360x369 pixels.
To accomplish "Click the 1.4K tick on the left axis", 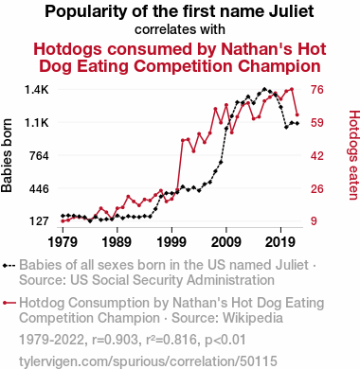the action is pyautogui.click(x=37, y=90).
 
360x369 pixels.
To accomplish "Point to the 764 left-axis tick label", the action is pyautogui.click(x=39, y=156).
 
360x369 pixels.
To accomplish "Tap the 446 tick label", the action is pyautogui.click(x=39, y=189).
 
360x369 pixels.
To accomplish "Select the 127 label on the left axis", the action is pyautogui.click(x=39, y=221).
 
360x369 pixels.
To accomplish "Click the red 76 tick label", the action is pyautogui.click(x=316, y=90).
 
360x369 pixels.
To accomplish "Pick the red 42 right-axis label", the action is pyautogui.click(x=316, y=156).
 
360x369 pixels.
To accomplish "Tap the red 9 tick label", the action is pyautogui.click(x=314, y=221).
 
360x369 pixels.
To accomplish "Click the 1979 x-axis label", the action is pyautogui.click(x=63, y=242).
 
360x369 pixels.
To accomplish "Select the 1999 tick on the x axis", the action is pyautogui.click(x=171, y=242).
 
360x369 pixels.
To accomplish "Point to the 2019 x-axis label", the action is pyautogui.click(x=280, y=242).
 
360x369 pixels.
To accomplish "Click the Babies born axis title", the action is pyautogui.click(x=7, y=156).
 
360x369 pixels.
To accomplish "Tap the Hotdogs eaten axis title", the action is pyautogui.click(x=353, y=155).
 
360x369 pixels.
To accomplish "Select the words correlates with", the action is pyautogui.click(x=180, y=29).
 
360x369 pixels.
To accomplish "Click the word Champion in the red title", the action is pyautogui.click(x=279, y=66).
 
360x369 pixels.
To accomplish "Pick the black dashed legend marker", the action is pyautogui.click(x=9, y=266).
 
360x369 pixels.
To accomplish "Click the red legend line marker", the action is pyautogui.click(x=9, y=303).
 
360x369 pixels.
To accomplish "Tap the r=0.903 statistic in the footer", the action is pyautogui.click(x=115, y=341).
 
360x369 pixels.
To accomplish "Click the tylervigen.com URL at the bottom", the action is pyautogui.click(x=148, y=361).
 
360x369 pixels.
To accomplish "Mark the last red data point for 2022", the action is pyautogui.click(x=297, y=114).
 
